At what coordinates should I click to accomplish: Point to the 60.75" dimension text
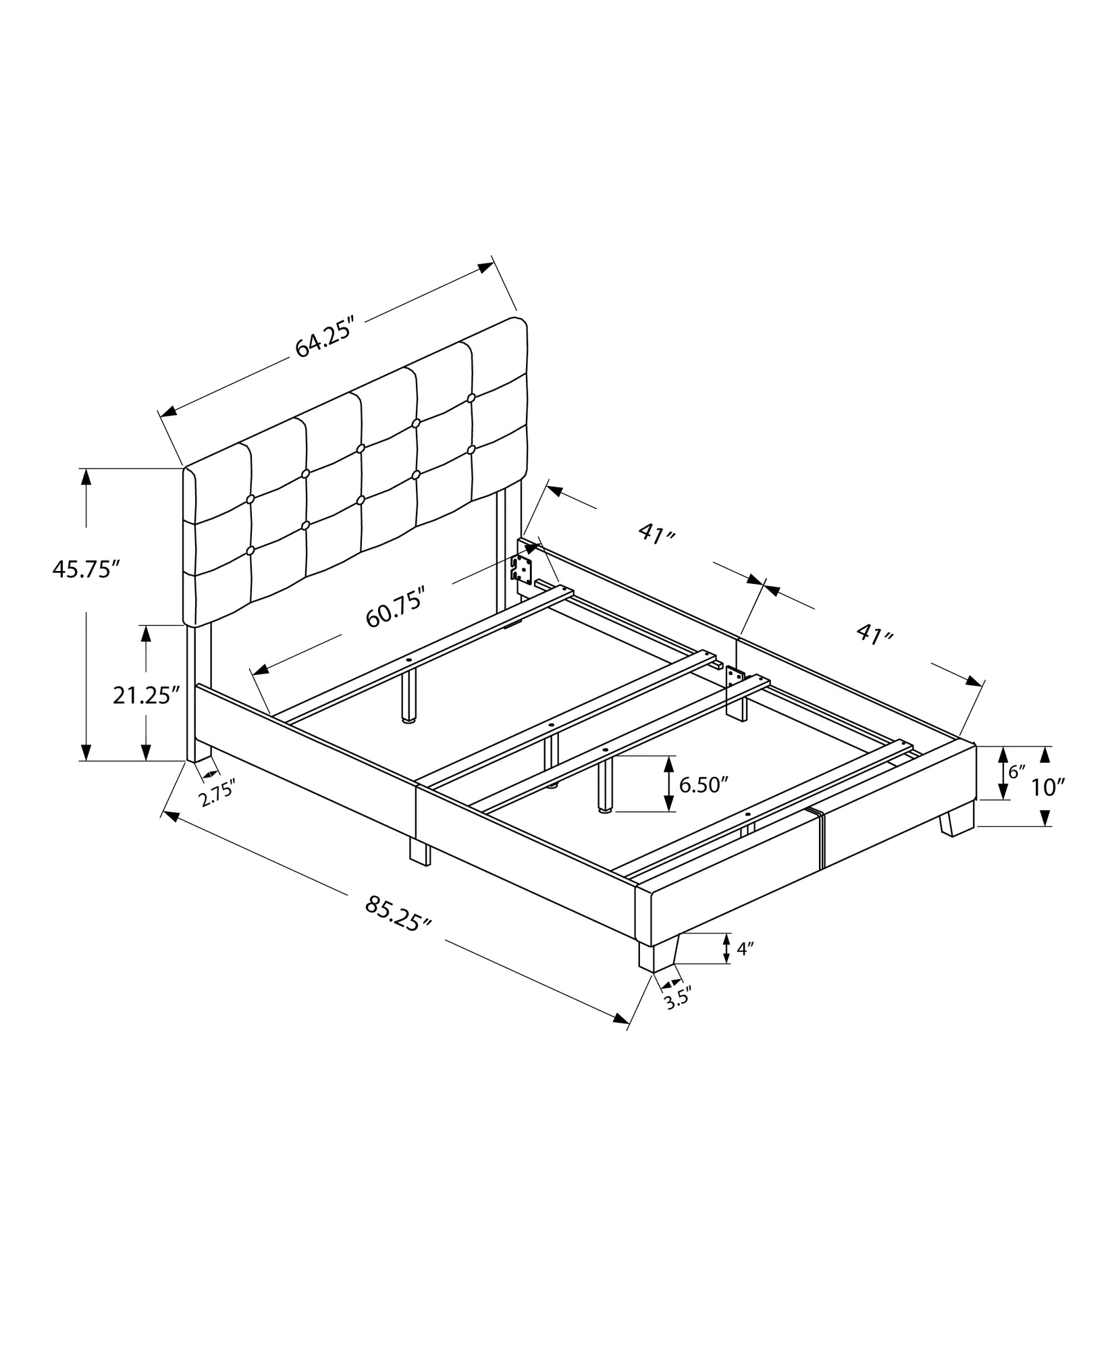coord(395,608)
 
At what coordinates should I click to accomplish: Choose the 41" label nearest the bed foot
coord(875,634)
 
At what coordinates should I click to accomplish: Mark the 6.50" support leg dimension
coord(703,785)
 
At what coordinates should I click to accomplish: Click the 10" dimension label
coord(1049,786)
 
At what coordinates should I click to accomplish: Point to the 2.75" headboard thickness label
coord(218,792)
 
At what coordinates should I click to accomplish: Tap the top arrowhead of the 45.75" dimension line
coord(86,475)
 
